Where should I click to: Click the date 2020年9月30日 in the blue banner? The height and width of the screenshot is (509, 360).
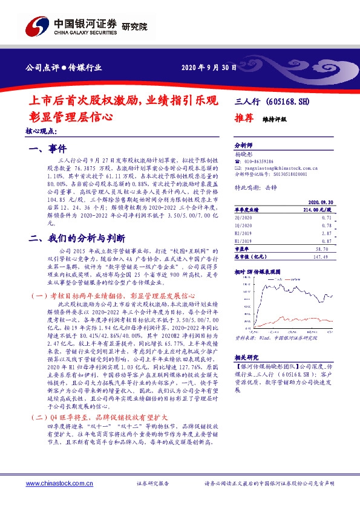(208, 67)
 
